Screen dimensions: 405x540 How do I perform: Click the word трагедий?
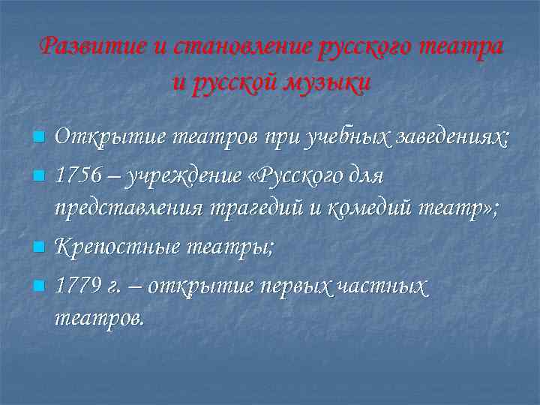265,211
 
